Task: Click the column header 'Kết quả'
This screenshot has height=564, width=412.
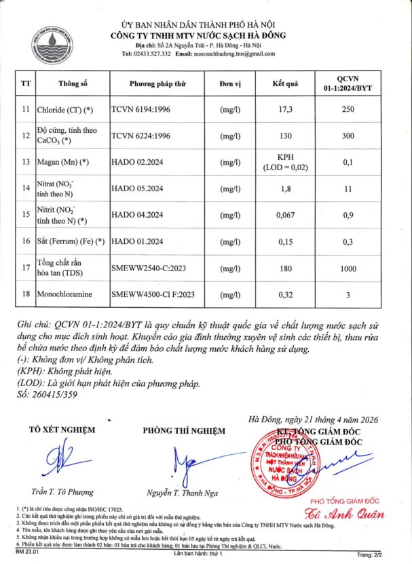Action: click(x=286, y=84)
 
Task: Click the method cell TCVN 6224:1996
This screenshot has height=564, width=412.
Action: click(x=141, y=135)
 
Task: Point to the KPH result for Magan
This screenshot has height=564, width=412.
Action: click(x=286, y=157)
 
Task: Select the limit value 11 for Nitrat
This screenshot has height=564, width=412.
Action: click(x=348, y=188)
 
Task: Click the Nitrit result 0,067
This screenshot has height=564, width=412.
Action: click(x=286, y=215)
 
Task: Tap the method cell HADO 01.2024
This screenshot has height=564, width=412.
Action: click(x=138, y=241)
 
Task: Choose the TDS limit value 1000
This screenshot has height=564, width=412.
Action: click(x=348, y=268)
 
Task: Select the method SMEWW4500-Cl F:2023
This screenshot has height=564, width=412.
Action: click(x=153, y=295)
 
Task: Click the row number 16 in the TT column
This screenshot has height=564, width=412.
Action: click(x=26, y=241)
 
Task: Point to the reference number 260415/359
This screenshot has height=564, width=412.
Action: click(x=46, y=394)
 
